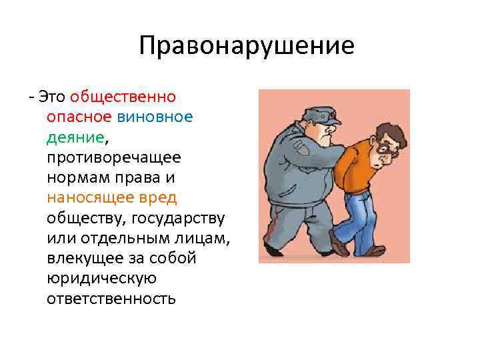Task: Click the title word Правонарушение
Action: coord(247,46)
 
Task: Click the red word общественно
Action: coord(122,97)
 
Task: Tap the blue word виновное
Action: coord(155,117)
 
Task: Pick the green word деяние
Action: coord(75,138)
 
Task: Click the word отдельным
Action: coord(121,238)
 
